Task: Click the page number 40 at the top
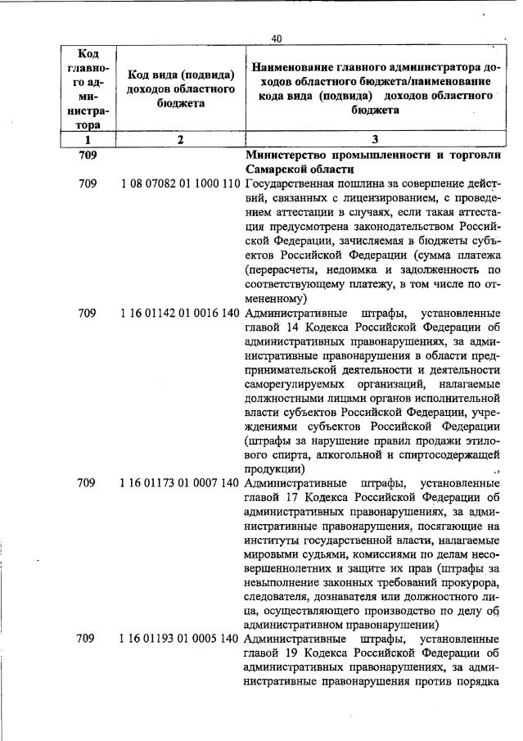pos(276,38)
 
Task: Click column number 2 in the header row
pos(179,139)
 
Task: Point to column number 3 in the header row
pos(375,139)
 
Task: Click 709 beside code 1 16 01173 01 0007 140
pos(87,483)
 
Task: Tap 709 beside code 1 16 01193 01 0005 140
pos(87,638)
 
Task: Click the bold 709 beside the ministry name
pos(87,155)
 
